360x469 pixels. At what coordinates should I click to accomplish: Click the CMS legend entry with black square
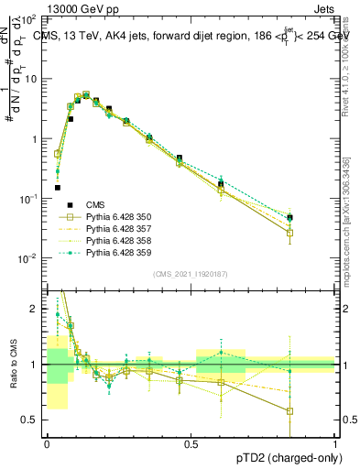(x=95, y=204)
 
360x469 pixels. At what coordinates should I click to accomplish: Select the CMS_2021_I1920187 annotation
(x=191, y=273)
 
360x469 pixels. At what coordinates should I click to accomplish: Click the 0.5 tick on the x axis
(x=191, y=443)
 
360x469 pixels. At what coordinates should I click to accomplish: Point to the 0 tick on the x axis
(x=47, y=443)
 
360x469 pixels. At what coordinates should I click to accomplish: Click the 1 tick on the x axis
(x=334, y=443)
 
